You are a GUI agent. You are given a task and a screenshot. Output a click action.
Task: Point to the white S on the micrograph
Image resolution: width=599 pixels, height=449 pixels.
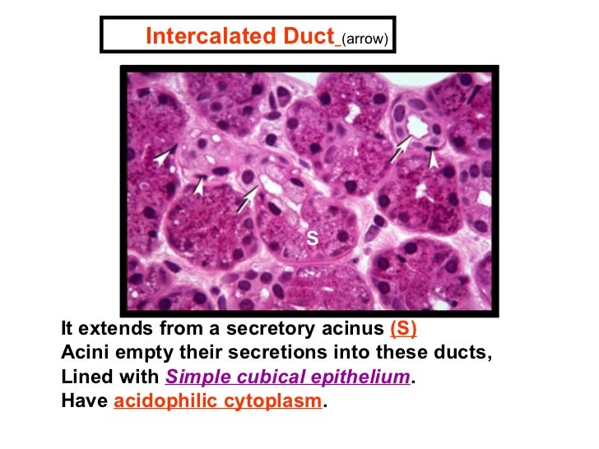click(312, 238)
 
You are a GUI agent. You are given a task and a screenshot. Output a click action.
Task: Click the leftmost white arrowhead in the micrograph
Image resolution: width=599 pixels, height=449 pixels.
click(165, 155)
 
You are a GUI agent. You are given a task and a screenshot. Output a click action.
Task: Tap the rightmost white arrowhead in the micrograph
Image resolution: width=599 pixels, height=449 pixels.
click(434, 155)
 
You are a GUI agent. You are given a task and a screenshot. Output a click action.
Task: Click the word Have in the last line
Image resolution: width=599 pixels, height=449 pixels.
click(83, 402)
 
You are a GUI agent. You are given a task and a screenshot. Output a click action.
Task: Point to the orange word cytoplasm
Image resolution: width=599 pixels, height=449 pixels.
click(275, 402)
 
